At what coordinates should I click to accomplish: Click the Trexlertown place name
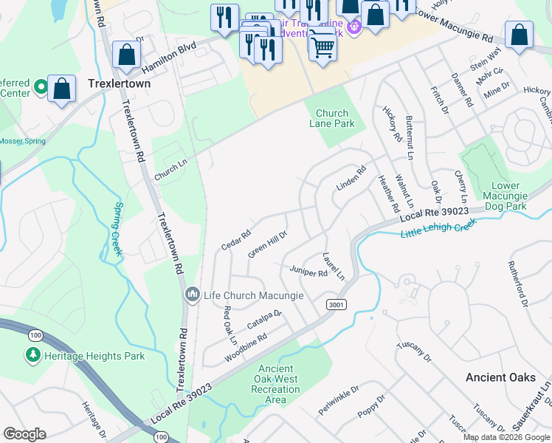pos(119,84)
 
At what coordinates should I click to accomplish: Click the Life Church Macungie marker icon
pos(193,295)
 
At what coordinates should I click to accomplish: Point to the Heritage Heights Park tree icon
pos(32,356)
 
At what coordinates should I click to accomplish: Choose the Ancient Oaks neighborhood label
pos(501,377)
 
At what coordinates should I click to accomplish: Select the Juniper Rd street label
pos(308,272)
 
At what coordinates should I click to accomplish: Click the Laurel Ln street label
pos(334,266)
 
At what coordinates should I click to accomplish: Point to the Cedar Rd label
pos(236,238)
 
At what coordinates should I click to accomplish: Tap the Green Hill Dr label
pos(267,244)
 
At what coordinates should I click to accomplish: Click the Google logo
pos(24,434)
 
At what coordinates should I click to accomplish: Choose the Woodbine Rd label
pos(246,346)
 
